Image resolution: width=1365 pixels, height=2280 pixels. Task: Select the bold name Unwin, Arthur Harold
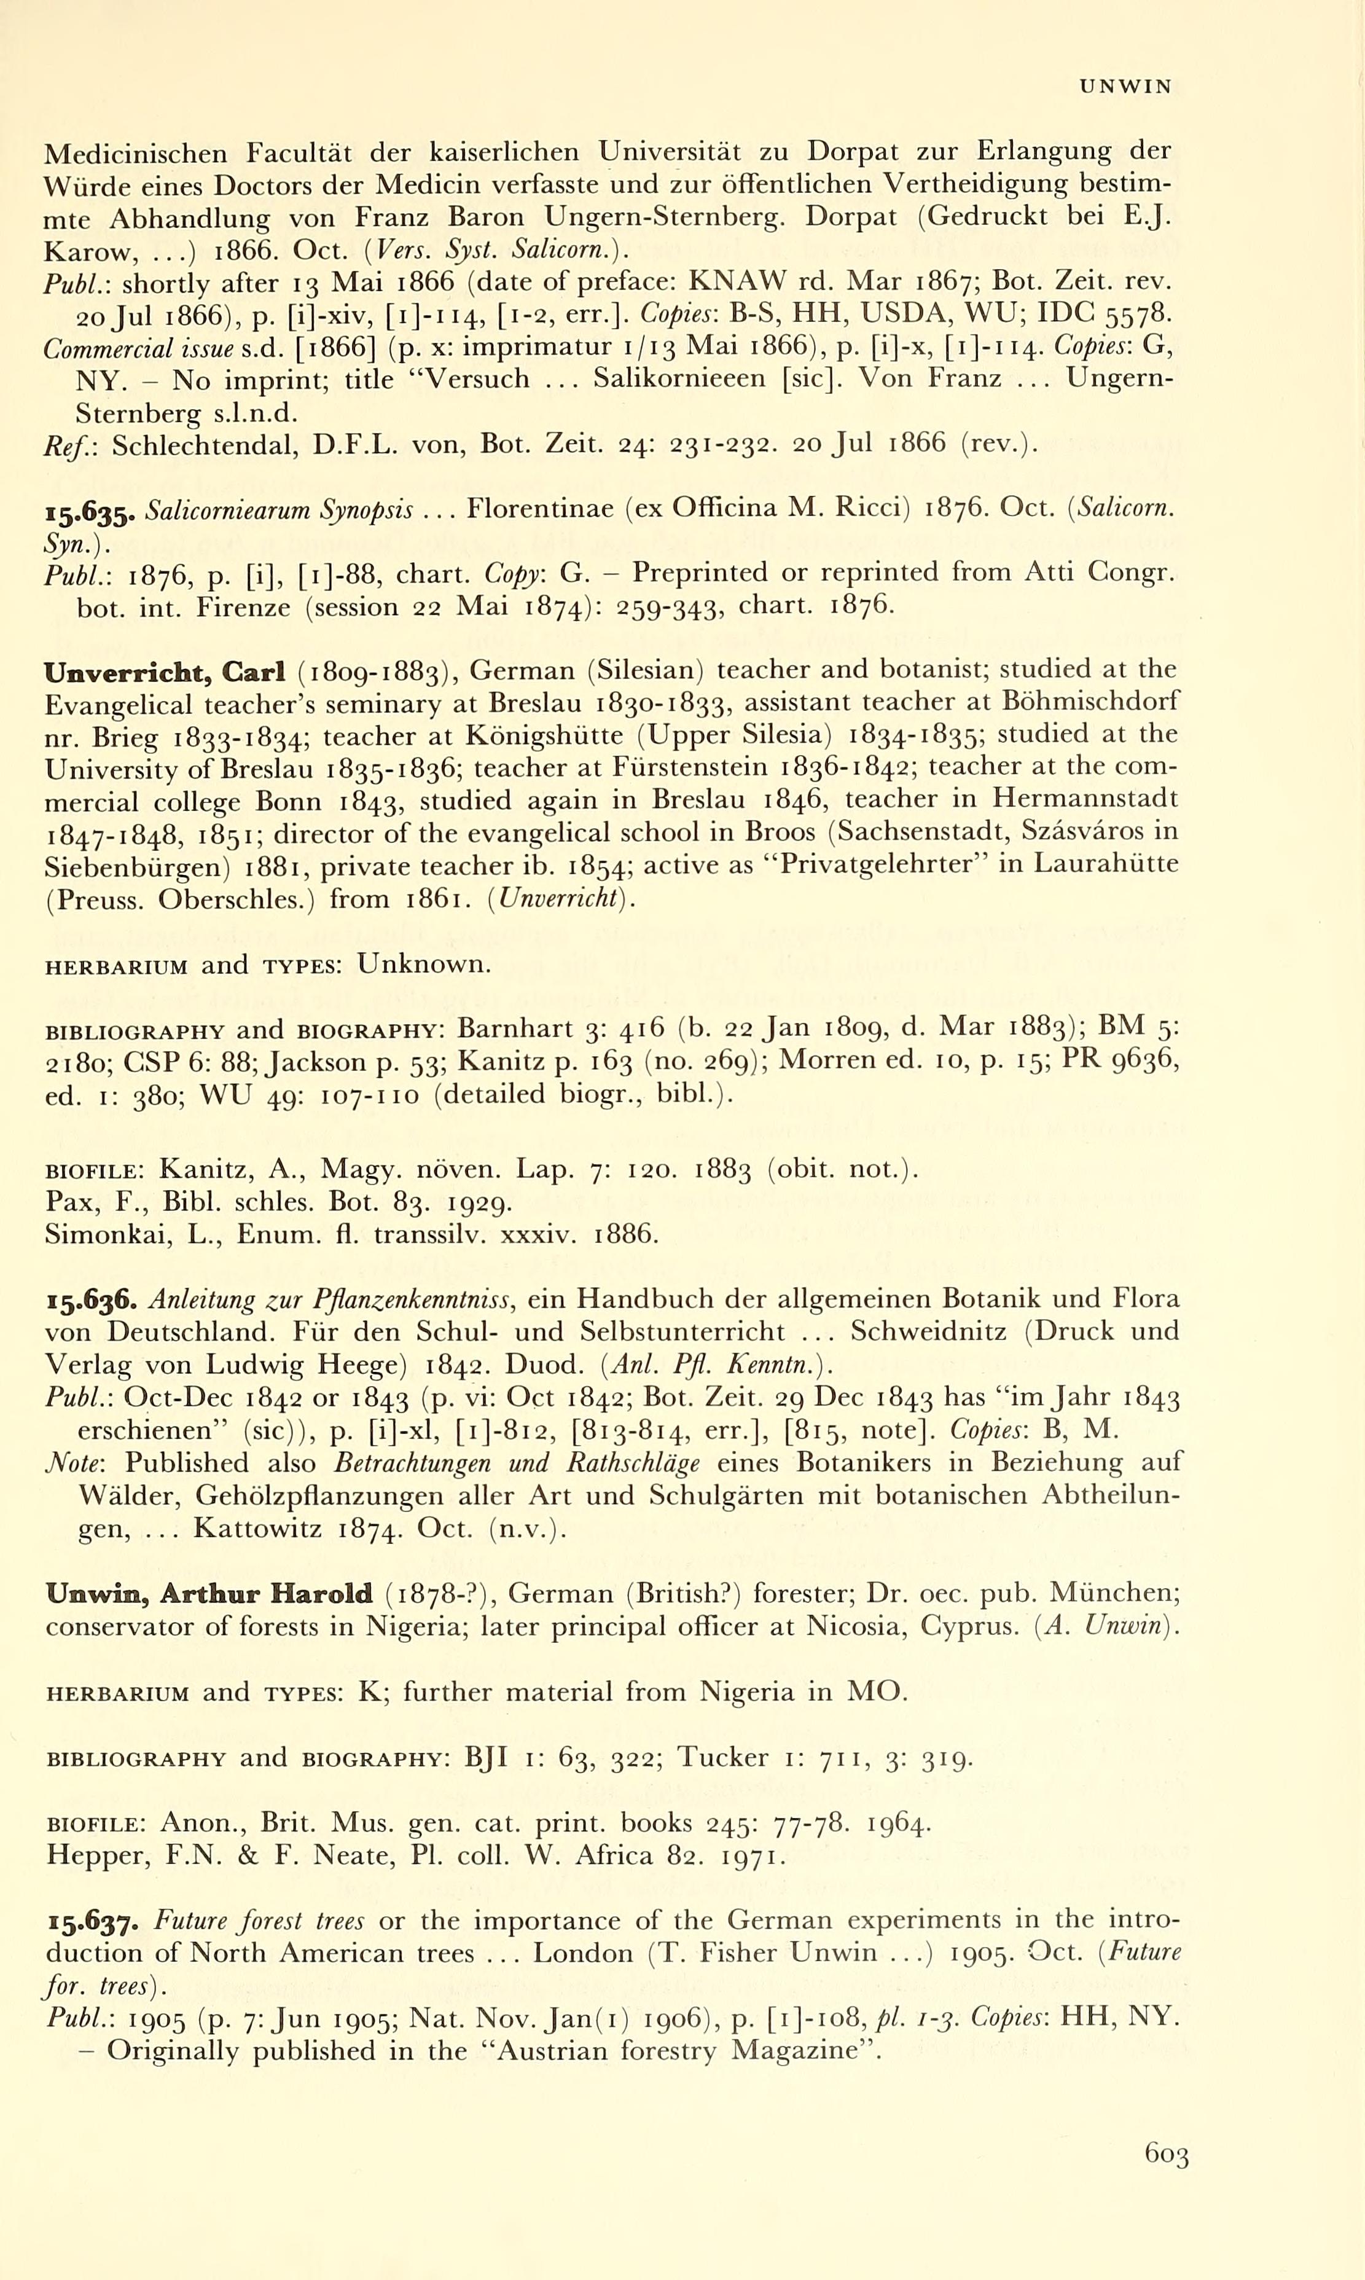click(x=209, y=1594)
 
